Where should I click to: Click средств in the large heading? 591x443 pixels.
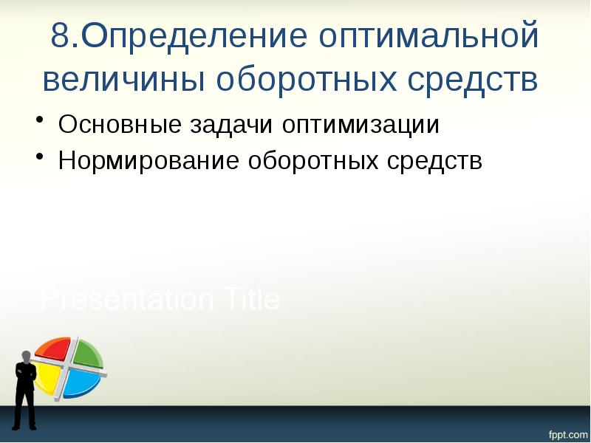coord(474,79)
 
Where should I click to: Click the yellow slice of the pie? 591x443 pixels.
coord(46,378)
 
